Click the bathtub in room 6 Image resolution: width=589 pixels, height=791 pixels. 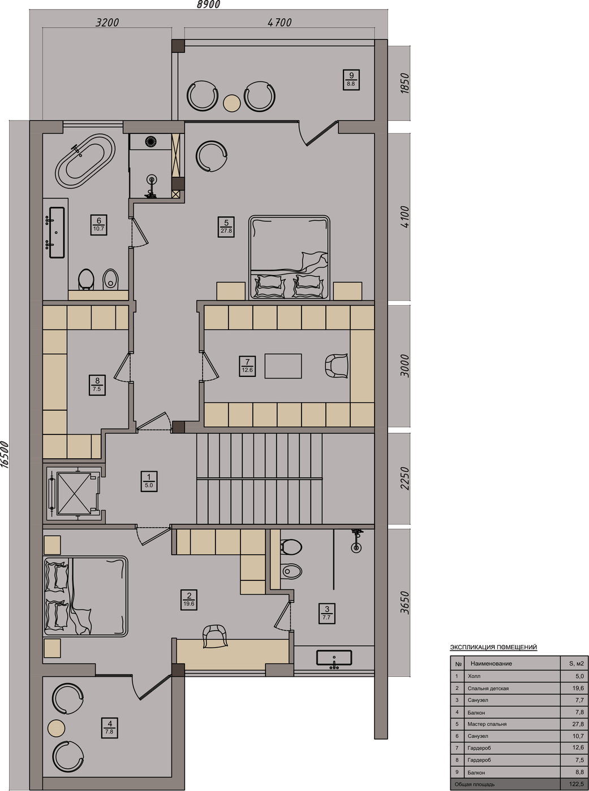pos(85,160)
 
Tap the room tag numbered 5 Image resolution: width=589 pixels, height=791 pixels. pos(226,227)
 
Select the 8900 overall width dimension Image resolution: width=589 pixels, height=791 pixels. pos(209,5)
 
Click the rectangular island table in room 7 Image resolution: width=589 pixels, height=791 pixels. pos(283,366)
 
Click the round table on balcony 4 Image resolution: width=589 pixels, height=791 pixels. pos(57,728)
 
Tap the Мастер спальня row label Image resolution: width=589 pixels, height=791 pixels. pos(487,724)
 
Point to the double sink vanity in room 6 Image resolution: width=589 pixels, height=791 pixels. pos(57,232)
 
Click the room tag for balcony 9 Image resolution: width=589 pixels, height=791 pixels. pos(351,80)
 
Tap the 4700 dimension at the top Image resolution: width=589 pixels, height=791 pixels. pos(280,22)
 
